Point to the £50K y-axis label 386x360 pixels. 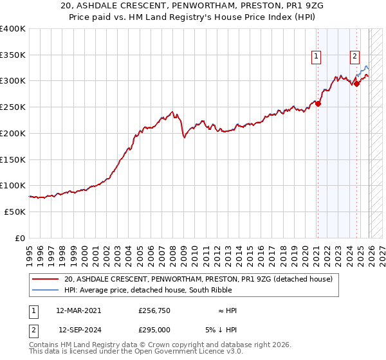point(13,212)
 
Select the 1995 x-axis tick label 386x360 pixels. point(30,250)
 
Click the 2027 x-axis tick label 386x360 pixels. point(381,250)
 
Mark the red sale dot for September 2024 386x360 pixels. point(356,84)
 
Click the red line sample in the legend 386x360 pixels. point(46,279)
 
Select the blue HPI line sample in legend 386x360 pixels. point(46,290)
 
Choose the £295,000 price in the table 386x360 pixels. point(154,329)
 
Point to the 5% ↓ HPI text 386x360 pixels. point(222,329)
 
